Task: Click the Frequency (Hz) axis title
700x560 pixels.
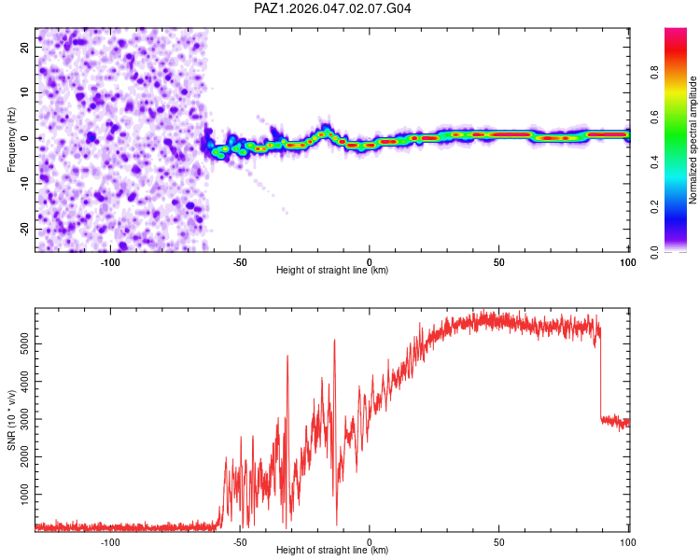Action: [x=11, y=140]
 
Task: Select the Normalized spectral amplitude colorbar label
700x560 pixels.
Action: [x=693, y=140]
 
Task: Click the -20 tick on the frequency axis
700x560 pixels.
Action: [x=24, y=229]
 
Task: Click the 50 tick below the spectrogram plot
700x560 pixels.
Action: [x=499, y=261]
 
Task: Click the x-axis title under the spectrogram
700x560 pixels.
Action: [x=332, y=271]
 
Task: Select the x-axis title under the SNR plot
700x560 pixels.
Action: [x=332, y=551]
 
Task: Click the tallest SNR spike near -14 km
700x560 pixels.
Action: [x=334, y=341]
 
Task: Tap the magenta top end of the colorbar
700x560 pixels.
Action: [x=676, y=34]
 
